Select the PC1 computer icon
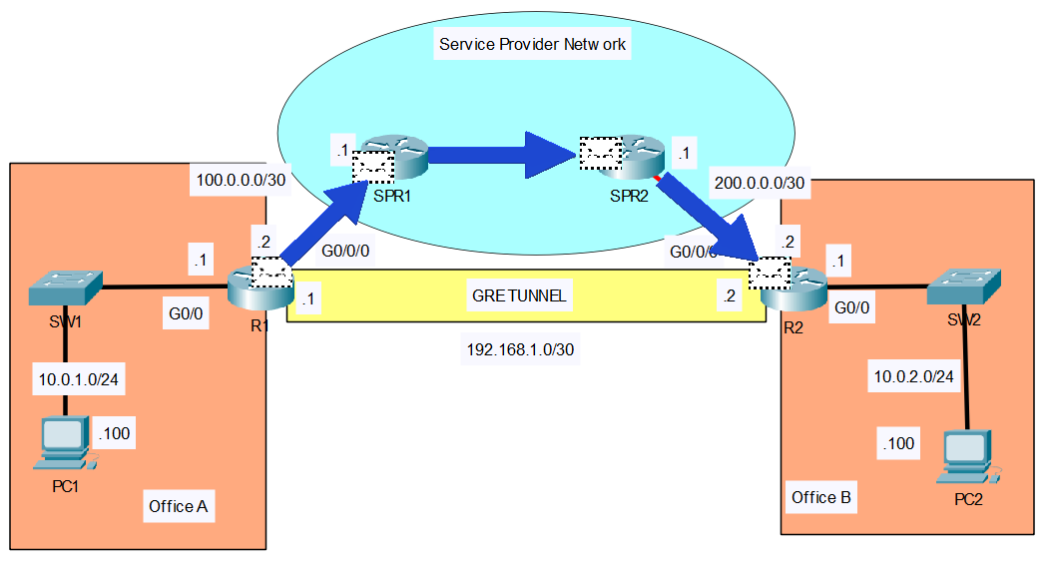[66, 443]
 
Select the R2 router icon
[793, 287]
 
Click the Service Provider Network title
[533, 45]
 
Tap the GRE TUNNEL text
[521, 295]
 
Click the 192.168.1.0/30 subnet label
[520, 350]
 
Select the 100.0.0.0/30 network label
[242, 181]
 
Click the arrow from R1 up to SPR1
[321, 218]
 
